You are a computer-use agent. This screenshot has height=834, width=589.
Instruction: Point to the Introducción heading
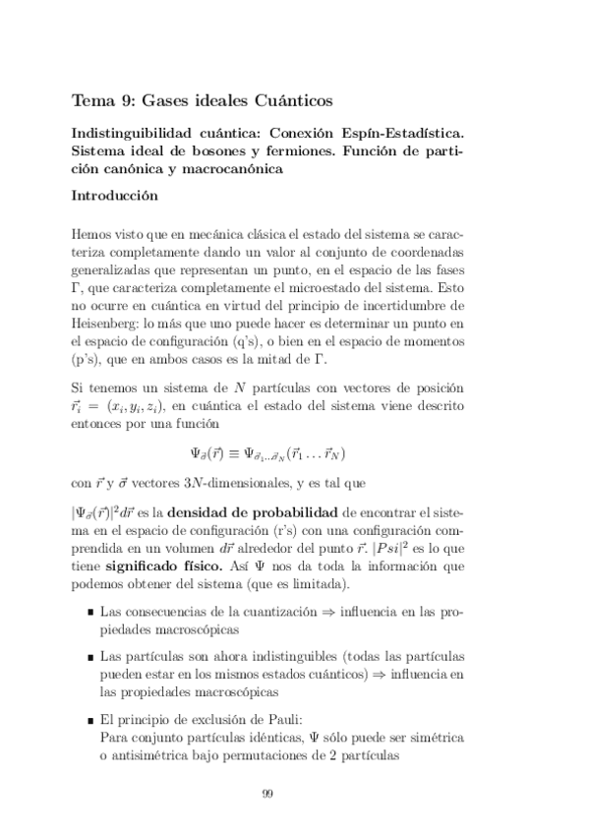coord(115,197)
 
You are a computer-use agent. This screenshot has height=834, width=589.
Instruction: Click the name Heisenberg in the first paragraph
coord(105,322)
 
